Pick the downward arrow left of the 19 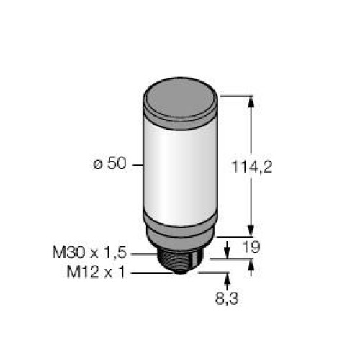point(228,251)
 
